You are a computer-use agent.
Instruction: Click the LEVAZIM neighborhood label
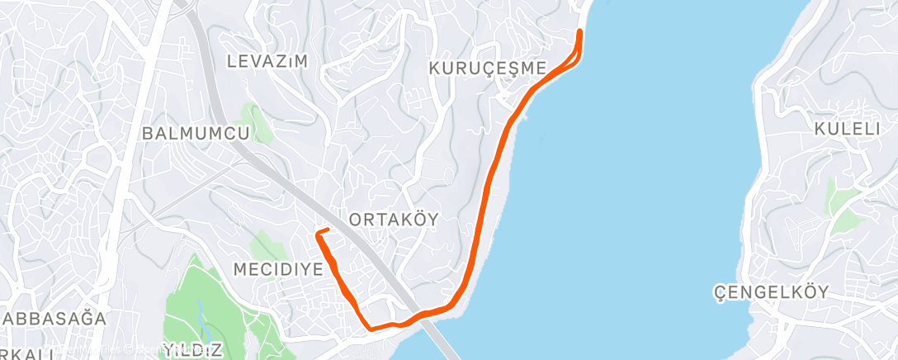pyautogui.click(x=267, y=61)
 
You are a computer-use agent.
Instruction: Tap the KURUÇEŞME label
pyautogui.click(x=489, y=68)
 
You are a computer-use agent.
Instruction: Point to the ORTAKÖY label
pyautogui.click(x=394, y=219)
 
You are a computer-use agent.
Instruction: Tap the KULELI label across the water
pyautogui.click(x=849, y=129)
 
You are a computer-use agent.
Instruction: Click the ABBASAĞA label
pyautogui.click(x=54, y=319)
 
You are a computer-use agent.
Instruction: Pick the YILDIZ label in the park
pyautogui.click(x=192, y=350)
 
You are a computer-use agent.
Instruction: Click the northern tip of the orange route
pyautogui.click(x=579, y=32)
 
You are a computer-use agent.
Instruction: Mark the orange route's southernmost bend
pyautogui.click(x=373, y=328)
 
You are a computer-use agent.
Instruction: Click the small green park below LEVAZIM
pyautogui.click(x=257, y=121)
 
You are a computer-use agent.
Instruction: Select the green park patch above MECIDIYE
pyautogui.click(x=266, y=244)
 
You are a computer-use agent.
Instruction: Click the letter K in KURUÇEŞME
pyautogui.click(x=435, y=68)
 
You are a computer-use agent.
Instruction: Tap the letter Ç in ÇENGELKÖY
pyautogui.click(x=719, y=292)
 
